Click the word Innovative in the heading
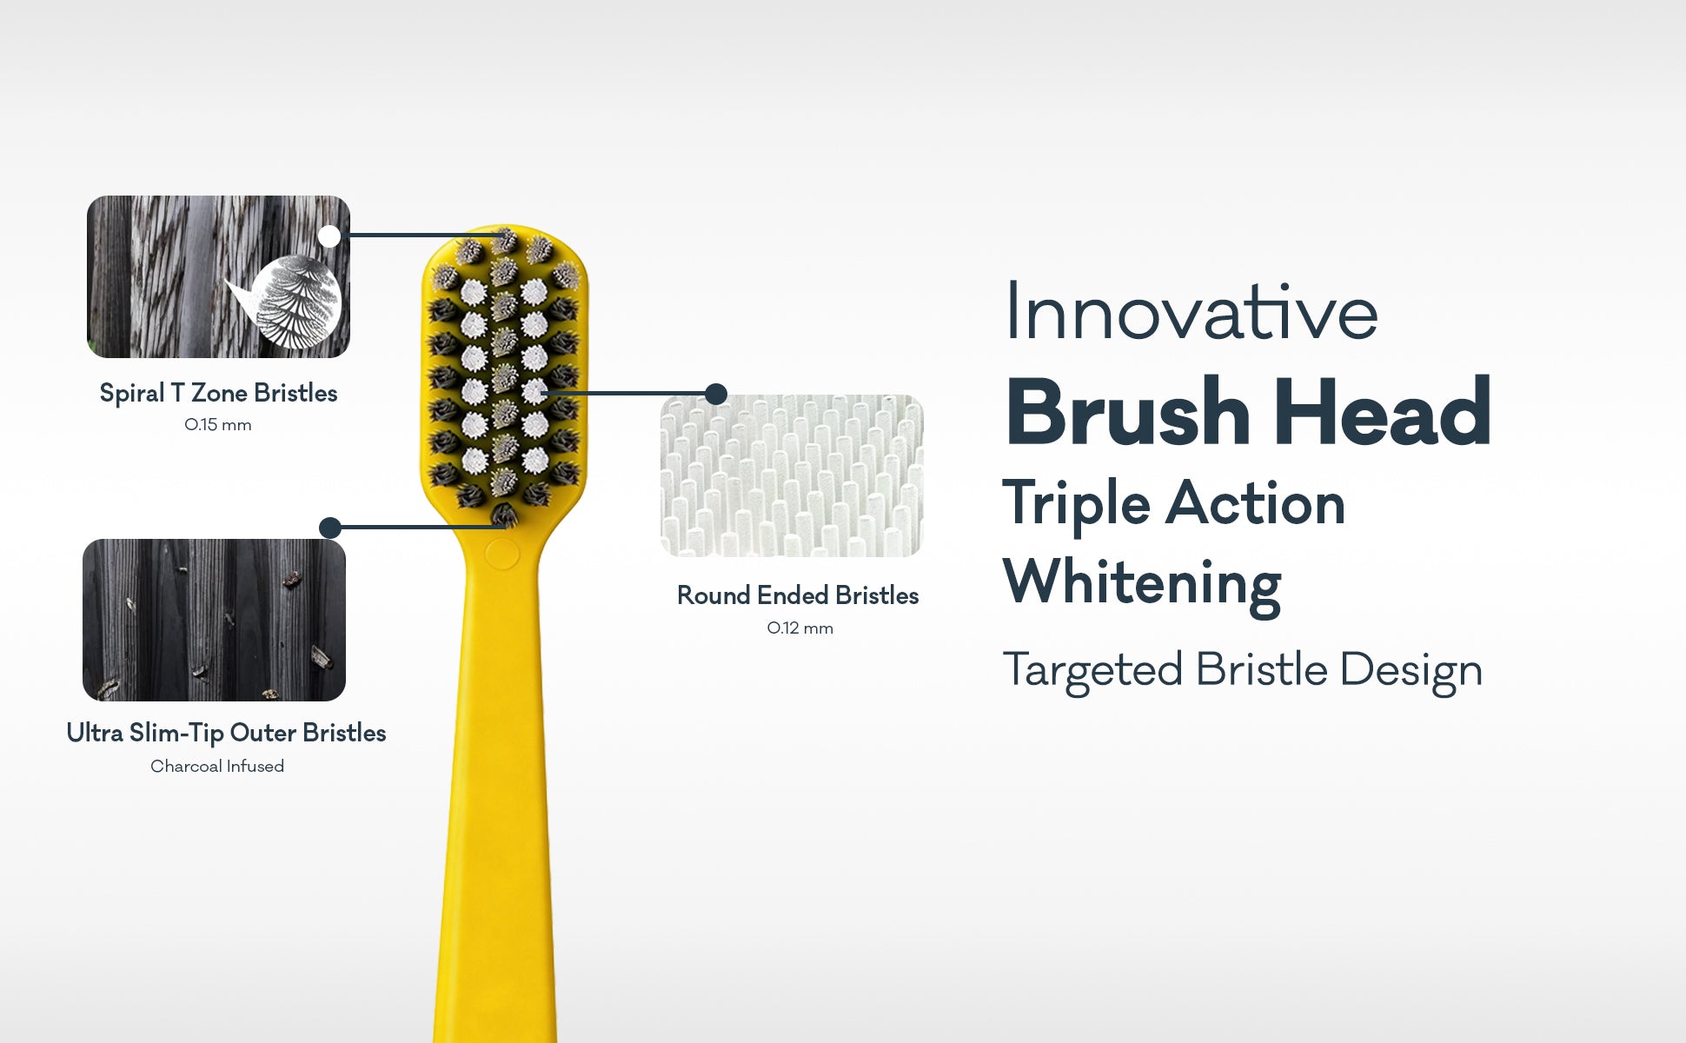(x=1191, y=312)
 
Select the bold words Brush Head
(x=1249, y=412)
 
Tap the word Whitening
(x=1142, y=583)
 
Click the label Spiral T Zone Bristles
(x=218, y=394)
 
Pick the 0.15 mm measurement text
(x=218, y=425)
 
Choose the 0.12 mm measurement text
(x=800, y=628)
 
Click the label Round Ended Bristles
(x=798, y=595)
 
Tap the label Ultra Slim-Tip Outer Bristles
(x=226, y=733)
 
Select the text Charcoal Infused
(x=217, y=766)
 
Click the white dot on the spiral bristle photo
(x=329, y=236)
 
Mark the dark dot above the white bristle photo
(x=716, y=394)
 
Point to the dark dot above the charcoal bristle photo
(x=330, y=528)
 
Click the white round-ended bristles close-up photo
(x=792, y=475)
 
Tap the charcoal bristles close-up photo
(x=214, y=620)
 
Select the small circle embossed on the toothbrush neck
(x=501, y=554)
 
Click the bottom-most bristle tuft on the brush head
(x=504, y=516)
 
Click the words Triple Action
(x=1174, y=505)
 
